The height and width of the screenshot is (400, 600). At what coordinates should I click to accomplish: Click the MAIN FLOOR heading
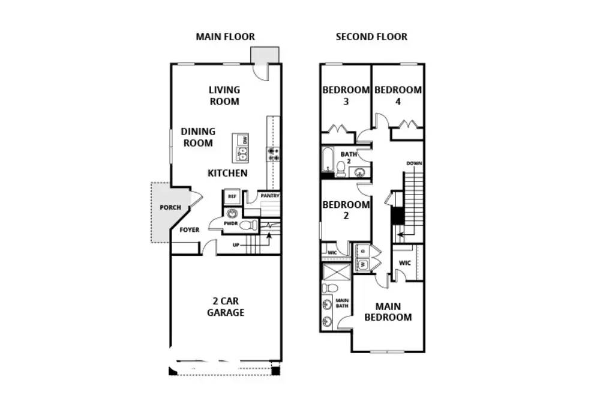[225, 37]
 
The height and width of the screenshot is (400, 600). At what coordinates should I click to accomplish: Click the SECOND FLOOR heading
[371, 37]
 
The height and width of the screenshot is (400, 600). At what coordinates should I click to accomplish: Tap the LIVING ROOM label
[224, 95]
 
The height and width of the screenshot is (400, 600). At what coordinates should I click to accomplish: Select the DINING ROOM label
[198, 137]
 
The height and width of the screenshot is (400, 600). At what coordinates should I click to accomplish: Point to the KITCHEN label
[227, 173]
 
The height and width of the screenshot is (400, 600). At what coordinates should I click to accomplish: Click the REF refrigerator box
[232, 196]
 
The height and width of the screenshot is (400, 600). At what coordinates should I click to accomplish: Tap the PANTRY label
[270, 196]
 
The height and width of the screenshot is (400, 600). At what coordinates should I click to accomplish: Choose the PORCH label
[170, 207]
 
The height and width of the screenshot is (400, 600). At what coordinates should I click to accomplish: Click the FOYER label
[190, 230]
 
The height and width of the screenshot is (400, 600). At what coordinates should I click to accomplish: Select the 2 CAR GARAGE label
[226, 306]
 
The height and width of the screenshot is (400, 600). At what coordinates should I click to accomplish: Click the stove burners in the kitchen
[273, 154]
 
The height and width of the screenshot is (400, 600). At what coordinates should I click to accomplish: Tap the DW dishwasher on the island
[244, 140]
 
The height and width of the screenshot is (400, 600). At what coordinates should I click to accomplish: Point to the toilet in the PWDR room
[249, 225]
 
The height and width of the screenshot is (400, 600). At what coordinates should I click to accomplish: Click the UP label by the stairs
[236, 245]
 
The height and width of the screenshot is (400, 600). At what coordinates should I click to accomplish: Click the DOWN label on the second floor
[414, 163]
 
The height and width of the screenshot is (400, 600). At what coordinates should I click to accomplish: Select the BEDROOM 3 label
[346, 95]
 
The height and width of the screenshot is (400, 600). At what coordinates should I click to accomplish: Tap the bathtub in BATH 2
[328, 160]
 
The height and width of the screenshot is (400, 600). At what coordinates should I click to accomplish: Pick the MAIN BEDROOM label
[388, 312]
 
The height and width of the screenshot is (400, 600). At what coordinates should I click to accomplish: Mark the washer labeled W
[362, 264]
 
